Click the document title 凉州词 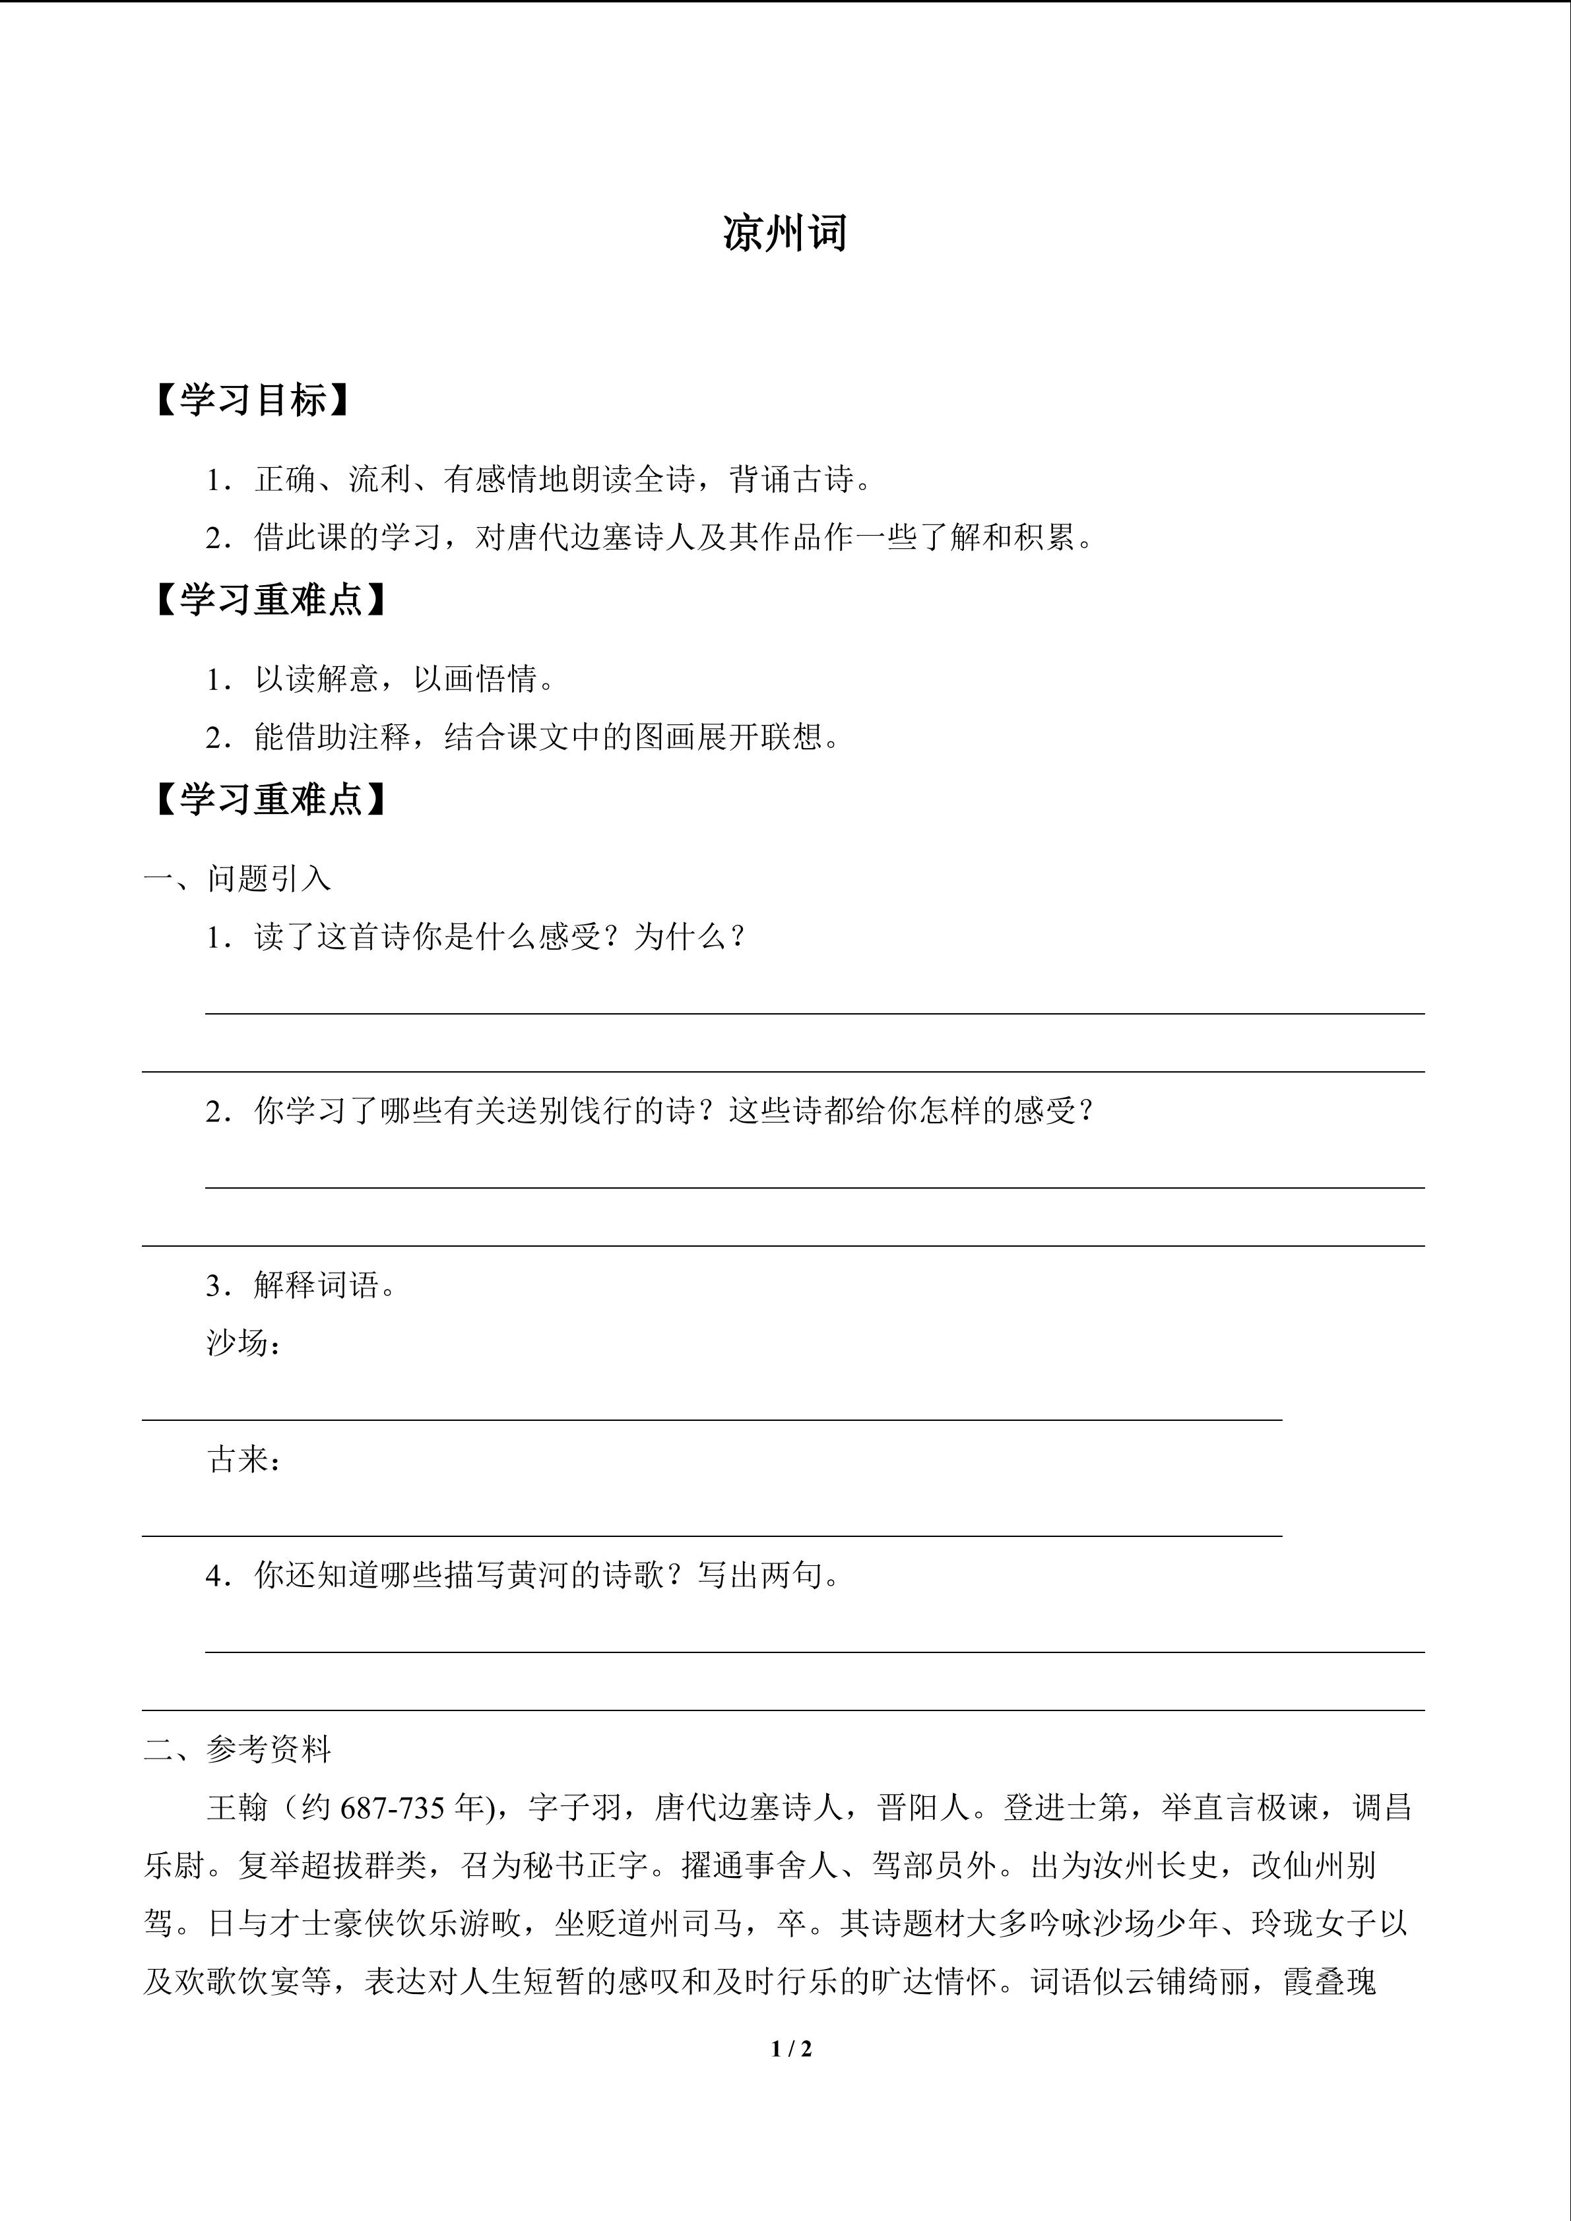pos(785,234)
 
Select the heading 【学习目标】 pos(251,400)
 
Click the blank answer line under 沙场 pos(711,1419)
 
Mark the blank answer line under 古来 pos(711,1535)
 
